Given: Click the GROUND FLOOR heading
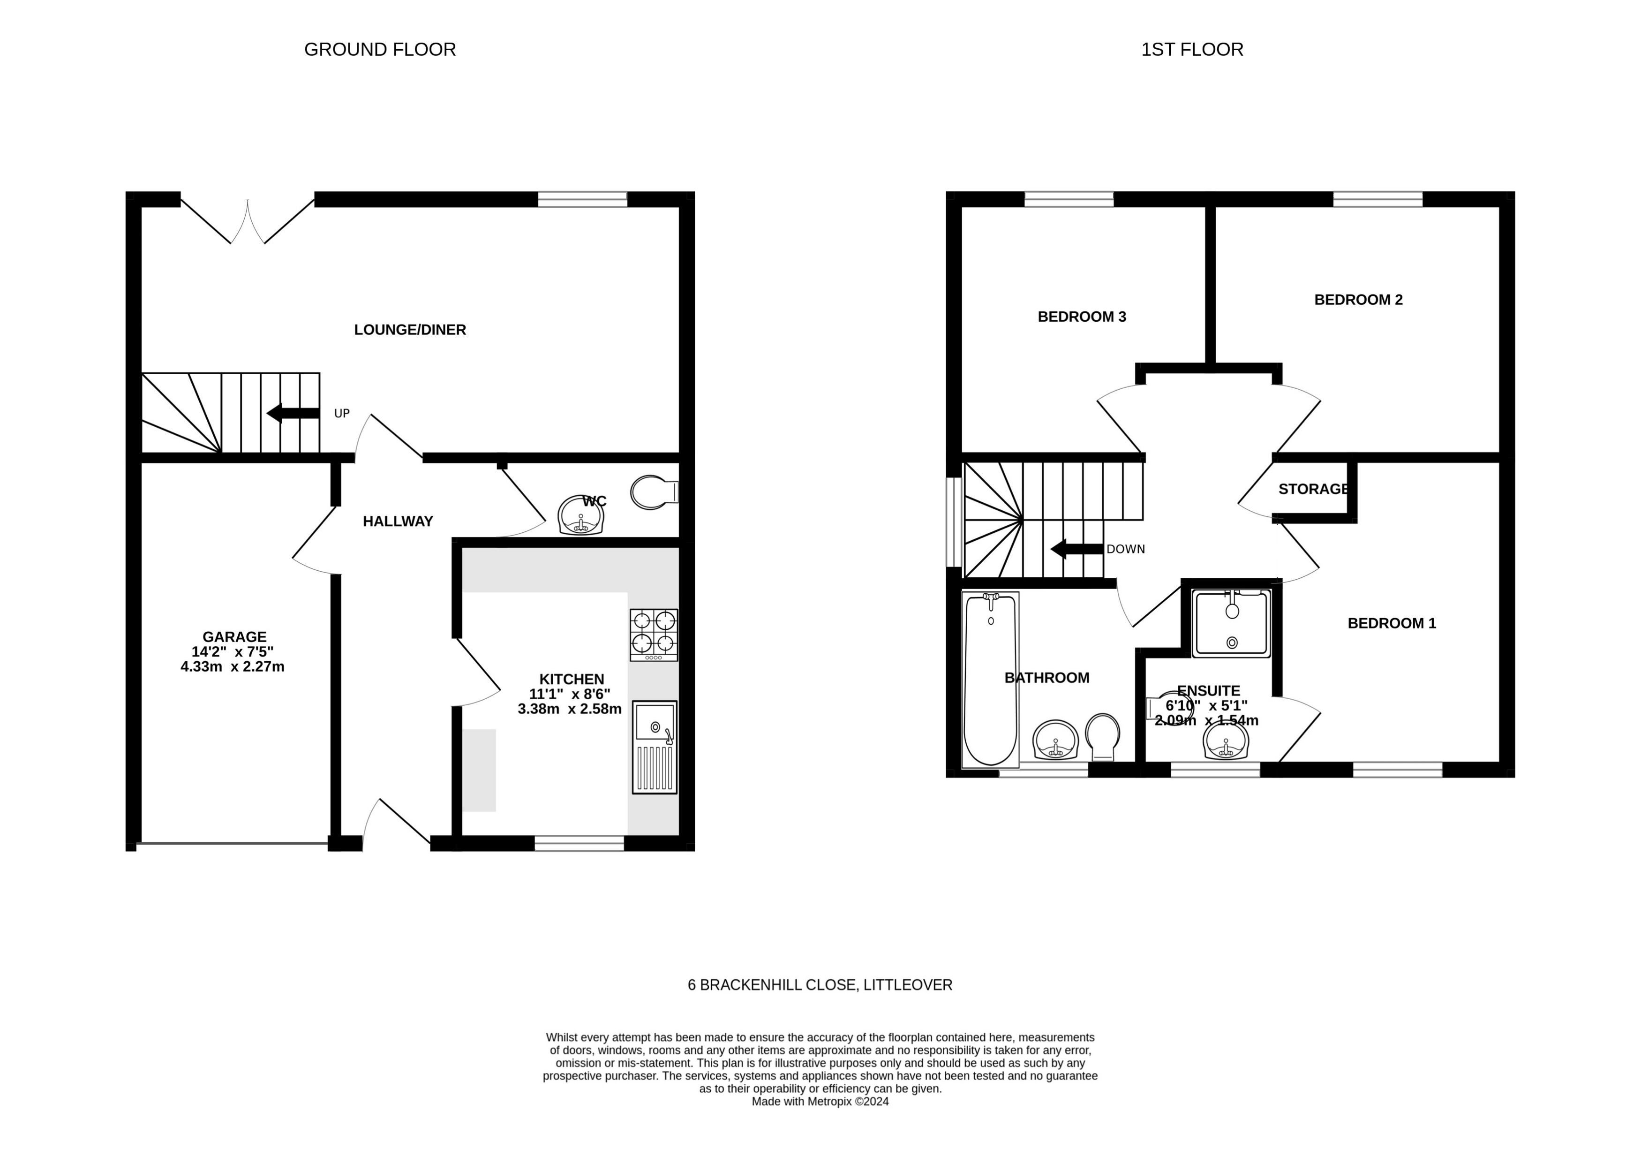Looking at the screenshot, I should click(380, 49).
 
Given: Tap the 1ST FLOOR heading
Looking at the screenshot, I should click(1192, 49).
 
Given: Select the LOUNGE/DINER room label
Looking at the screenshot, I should click(410, 330).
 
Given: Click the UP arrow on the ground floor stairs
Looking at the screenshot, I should click(293, 413).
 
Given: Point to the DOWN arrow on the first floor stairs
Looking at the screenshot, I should click(1076, 549).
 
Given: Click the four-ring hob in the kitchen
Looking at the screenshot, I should click(654, 635).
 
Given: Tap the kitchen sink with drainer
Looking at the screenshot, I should click(654, 747).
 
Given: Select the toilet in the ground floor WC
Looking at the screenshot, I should click(652, 492).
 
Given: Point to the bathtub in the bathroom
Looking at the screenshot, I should click(990, 680).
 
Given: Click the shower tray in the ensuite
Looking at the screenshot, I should click(1231, 623).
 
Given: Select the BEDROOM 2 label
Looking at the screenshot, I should click(1358, 300).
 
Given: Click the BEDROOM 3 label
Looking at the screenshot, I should click(1081, 316).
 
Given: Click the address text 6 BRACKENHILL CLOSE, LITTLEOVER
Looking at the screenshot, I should click(820, 985).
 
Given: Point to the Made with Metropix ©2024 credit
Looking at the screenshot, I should click(820, 1102).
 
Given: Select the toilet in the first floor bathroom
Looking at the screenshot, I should click(1102, 735).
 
